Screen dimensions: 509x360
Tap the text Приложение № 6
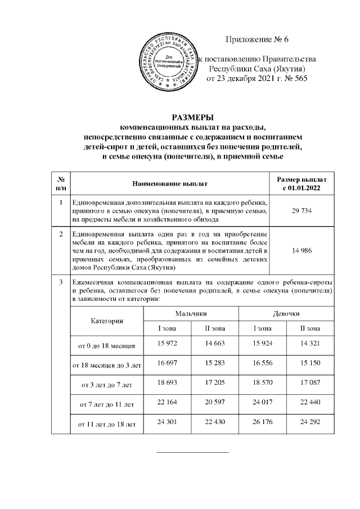(x=256, y=39)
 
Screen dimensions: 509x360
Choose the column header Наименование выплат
(x=170, y=183)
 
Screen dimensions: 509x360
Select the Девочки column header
(x=286, y=312)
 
